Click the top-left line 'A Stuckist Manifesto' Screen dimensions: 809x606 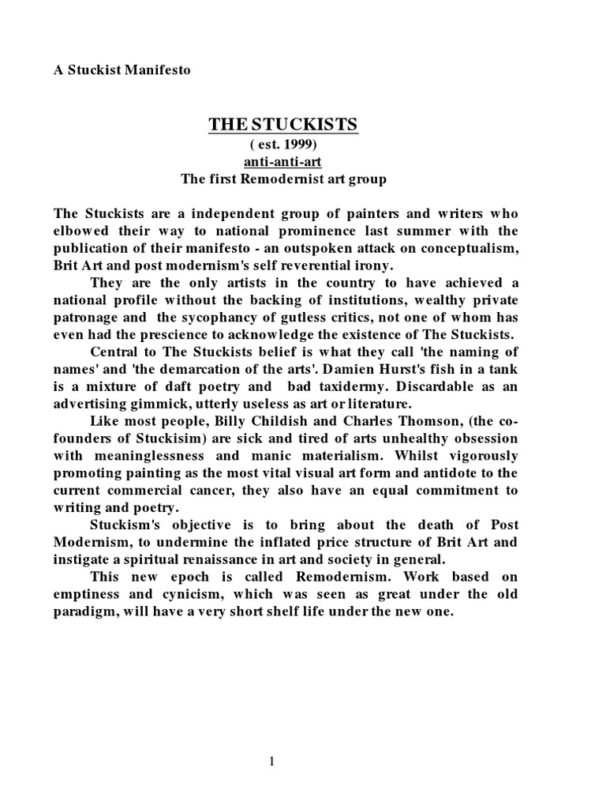(122, 70)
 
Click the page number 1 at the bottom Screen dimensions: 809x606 (272, 762)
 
